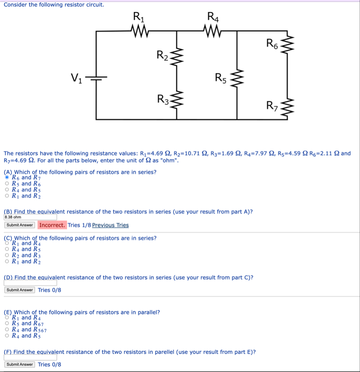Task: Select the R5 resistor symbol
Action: click(x=237, y=80)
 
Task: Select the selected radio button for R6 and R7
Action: click(x=7, y=177)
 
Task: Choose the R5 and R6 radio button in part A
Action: click(x=7, y=184)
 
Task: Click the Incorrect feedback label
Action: click(x=52, y=225)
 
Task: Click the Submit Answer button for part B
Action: click(x=20, y=225)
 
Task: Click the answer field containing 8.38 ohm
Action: click(x=30, y=217)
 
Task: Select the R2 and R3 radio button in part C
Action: click(x=7, y=255)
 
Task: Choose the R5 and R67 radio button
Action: click(x=7, y=323)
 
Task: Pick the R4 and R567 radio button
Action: click(x=7, y=329)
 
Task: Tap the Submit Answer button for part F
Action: click(x=20, y=364)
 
